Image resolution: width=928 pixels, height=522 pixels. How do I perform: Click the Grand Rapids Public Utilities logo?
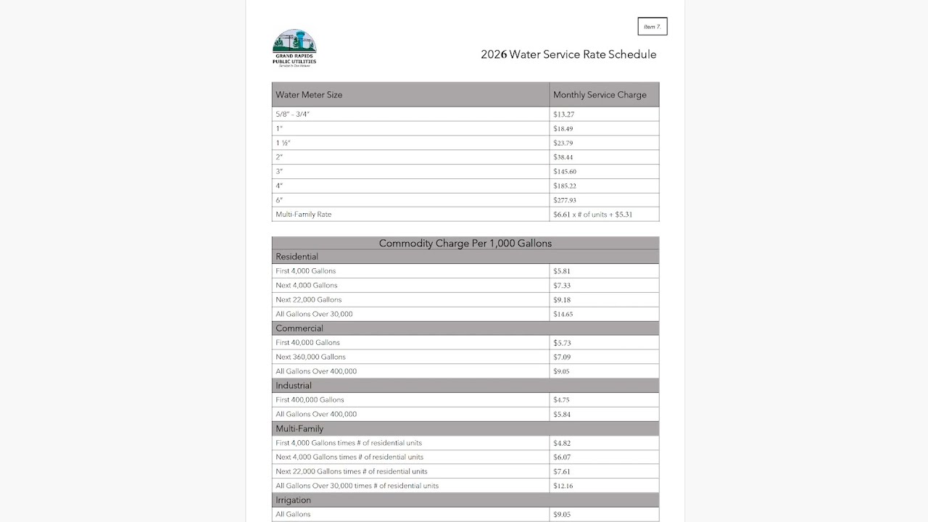click(294, 48)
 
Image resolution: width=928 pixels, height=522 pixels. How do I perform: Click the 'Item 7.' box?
click(652, 27)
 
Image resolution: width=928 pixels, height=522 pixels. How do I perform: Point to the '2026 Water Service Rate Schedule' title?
click(568, 54)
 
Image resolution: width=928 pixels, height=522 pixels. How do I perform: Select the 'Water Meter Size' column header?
click(309, 95)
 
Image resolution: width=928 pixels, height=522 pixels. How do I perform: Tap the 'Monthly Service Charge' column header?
click(600, 95)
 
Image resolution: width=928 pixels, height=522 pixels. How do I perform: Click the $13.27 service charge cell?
click(564, 115)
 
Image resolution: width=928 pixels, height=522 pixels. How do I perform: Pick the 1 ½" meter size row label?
click(283, 143)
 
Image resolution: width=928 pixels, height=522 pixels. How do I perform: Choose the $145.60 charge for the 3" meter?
click(565, 172)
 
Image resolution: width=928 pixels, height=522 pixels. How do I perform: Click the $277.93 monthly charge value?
click(565, 200)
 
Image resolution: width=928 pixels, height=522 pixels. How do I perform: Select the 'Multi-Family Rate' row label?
click(303, 215)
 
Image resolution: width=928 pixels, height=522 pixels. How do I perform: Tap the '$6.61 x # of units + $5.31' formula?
click(592, 215)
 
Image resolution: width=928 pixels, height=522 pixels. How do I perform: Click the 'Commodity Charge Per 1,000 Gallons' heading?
click(465, 244)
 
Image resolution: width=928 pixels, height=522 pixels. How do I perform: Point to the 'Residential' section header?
click(297, 257)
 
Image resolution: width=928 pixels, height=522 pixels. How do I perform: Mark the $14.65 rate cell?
click(563, 315)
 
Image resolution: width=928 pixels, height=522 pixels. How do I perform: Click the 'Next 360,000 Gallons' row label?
click(310, 357)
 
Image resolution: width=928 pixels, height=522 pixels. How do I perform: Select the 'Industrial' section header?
click(294, 386)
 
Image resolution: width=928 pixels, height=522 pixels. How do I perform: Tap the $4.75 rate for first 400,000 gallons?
click(561, 400)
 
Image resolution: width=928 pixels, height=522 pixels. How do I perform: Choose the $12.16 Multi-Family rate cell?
click(563, 486)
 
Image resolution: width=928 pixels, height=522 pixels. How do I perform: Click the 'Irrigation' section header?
click(293, 500)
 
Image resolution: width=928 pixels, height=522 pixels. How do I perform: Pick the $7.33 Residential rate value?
click(561, 286)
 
